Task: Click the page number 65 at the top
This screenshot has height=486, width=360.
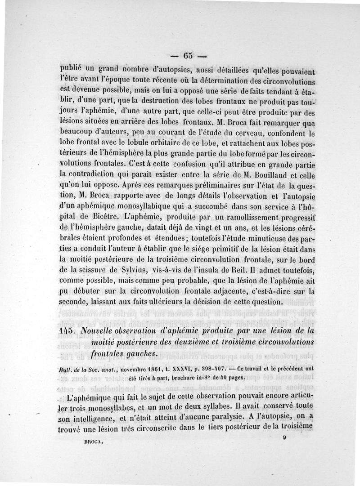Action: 188,56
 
